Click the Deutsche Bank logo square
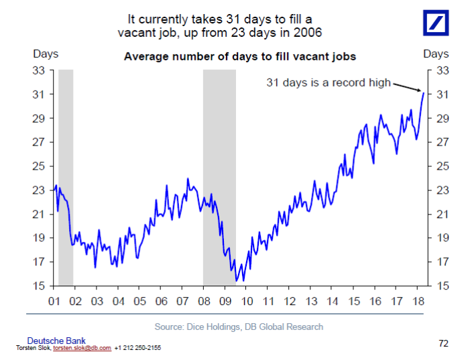pyautogui.click(x=440, y=24)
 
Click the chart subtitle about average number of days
pyautogui.click(x=240, y=56)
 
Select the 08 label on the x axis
pyautogui.click(x=203, y=301)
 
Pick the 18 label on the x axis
pyautogui.click(x=416, y=301)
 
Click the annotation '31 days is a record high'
pyautogui.click(x=329, y=82)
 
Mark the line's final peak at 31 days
pyautogui.click(x=423, y=93)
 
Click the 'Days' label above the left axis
pyautogui.click(x=46, y=54)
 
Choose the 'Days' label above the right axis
pyautogui.click(x=436, y=54)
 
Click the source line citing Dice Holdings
pyautogui.click(x=239, y=326)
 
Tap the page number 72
pyautogui.click(x=442, y=343)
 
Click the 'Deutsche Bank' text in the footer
pyautogui.click(x=56, y=341)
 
